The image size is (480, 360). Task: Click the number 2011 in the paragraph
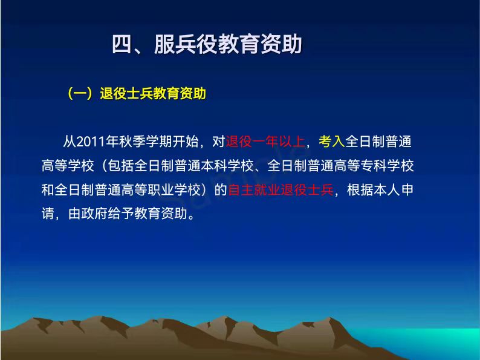tap(90, 142)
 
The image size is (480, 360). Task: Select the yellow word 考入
tap(332, 142)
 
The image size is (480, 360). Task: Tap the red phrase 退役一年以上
tap(265, 142)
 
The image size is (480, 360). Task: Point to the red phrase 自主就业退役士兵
tap(281, 190)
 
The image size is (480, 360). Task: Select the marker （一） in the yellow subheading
tap(80, 93)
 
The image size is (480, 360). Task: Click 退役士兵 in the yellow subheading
tap(126, 93)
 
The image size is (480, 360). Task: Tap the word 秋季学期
tap(146, 142)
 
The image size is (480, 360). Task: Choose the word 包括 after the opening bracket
tap(121, 166)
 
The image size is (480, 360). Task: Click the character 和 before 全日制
tap(48, 190)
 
